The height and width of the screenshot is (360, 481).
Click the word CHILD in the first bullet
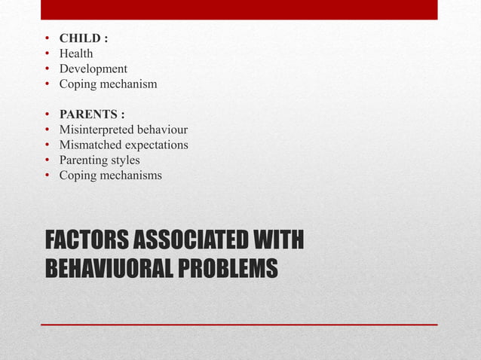click(x=80, y=38)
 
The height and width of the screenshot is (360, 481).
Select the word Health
click(x=76, y=53)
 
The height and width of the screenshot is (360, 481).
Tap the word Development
click(x=93, y=69)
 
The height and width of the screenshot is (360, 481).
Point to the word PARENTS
click(x=87, y=114)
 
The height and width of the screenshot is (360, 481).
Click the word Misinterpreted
click(x=97, y=130)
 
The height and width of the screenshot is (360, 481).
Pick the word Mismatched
click(x=89, y=145)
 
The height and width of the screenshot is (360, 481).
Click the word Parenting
click(x=84, y=160)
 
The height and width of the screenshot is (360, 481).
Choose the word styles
click(x=125, y=160)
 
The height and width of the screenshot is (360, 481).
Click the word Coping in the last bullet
click(x=78, y=175)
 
